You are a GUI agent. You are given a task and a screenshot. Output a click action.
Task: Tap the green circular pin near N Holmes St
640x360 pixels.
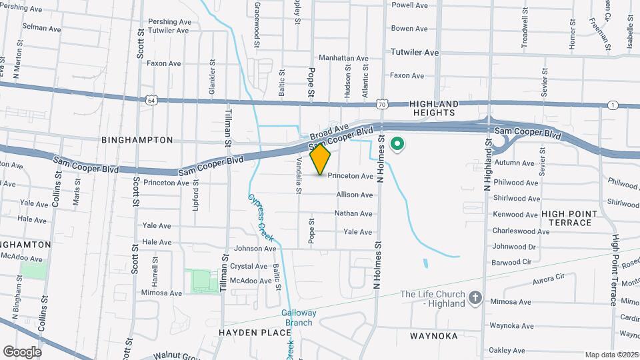pos(398,144)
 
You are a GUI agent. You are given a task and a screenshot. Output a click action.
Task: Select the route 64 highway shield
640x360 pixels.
pos(151,100)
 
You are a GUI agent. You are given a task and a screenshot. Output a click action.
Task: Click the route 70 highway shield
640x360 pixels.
pos(381,105)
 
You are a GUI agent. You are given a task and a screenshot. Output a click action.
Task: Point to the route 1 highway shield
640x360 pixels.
pos(612,105)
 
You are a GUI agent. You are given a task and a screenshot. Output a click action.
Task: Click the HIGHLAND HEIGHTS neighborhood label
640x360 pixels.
pos(434,109)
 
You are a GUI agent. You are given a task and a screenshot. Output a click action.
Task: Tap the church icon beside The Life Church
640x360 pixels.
pos(475,297)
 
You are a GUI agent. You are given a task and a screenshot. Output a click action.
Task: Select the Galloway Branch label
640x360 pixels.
pos(297,318)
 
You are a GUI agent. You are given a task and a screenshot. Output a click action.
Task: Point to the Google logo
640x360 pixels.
pos(22,351)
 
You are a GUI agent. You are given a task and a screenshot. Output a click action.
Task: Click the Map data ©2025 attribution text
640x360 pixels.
pos(611,355)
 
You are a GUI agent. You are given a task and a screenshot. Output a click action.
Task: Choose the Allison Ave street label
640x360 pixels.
pos(354,195)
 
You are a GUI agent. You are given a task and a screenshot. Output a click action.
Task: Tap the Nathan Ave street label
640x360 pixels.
pos(353,213)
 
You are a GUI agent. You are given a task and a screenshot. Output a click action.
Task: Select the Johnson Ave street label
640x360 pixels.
pos(255,249)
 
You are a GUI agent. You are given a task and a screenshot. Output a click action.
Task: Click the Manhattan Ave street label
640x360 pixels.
pos(343,58)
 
